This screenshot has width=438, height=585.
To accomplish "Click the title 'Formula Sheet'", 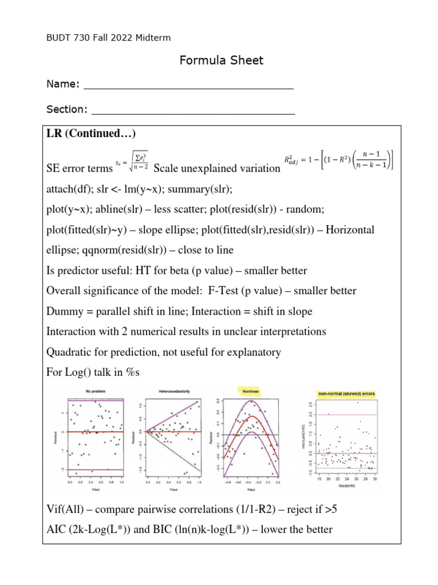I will [x=222, y=61].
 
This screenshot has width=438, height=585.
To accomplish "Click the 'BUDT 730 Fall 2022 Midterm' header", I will [x=108, y=38].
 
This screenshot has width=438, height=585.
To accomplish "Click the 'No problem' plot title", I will [x=98, y=391].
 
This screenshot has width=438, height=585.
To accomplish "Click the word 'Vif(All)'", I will [x=66, y=509].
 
